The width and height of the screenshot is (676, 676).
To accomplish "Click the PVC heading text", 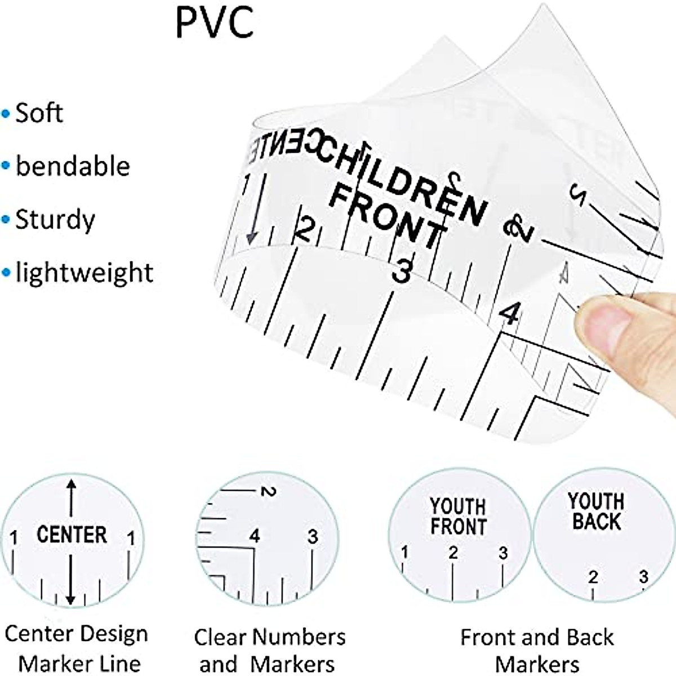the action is (215, 23).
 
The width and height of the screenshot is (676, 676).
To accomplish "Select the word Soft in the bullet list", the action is (39, 113).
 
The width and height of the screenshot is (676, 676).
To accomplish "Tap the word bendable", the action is (73, 166).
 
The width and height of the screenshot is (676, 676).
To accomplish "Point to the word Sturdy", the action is (55, 219).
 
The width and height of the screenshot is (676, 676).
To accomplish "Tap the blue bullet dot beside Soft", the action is (6, 114).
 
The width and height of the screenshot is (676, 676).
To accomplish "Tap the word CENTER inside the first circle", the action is (72, 535).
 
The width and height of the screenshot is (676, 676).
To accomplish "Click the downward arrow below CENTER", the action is (70, 580).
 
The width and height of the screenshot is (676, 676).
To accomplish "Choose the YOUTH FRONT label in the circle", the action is (458, 516).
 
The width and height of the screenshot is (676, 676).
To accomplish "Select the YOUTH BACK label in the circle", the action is (596, 511).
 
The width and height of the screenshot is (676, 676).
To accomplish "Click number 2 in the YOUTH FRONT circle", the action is (453, 553).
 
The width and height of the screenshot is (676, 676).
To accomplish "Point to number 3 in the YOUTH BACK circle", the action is (643, 576).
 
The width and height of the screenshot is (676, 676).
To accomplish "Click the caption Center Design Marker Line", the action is (77, 648).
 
